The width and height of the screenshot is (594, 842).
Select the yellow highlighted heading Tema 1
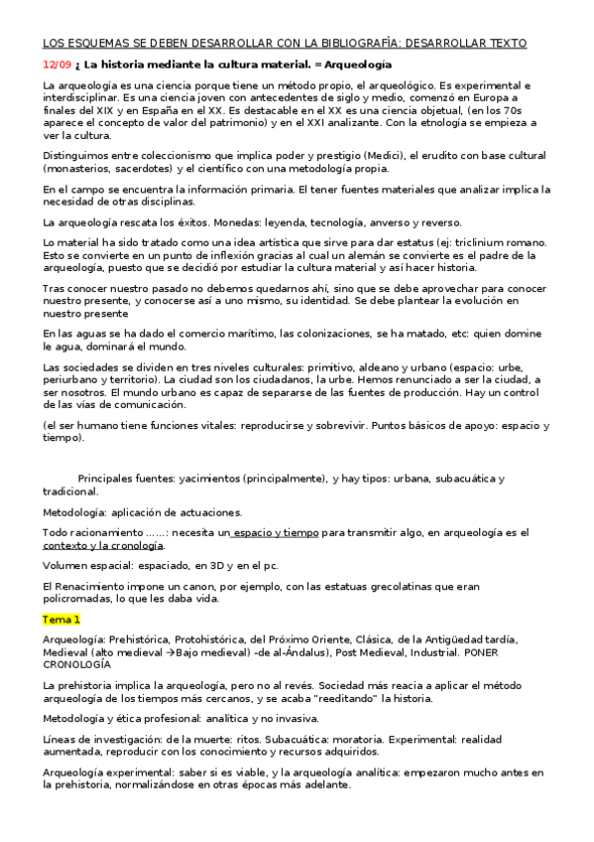point(59,620)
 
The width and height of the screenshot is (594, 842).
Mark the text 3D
point(208,565)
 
